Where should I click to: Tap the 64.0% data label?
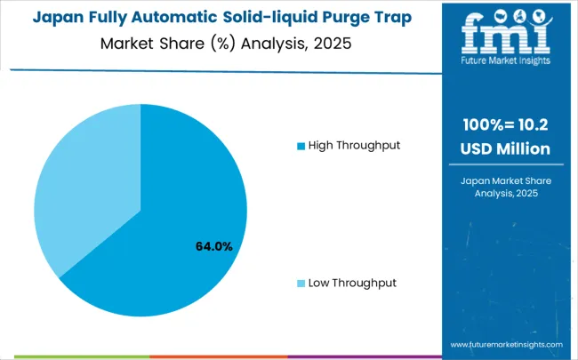coord(214,246)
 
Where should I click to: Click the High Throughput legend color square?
coord(301,145)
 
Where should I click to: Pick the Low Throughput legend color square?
coord(301,283)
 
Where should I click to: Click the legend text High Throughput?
coord(354,145)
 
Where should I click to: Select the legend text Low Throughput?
coord(352,283)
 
